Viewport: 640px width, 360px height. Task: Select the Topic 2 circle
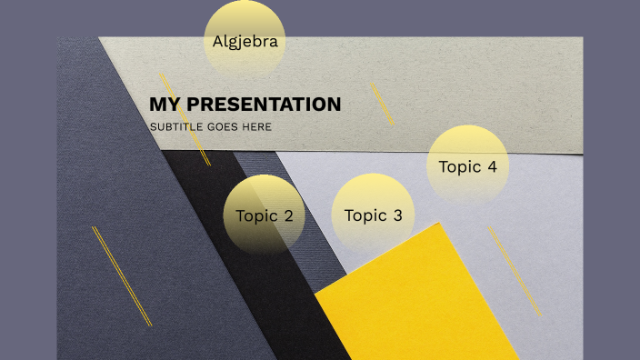click(x=264, y=215)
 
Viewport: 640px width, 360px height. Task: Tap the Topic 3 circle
click(x=373, y=214)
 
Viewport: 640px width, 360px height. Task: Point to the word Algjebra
click(x=245, y=42)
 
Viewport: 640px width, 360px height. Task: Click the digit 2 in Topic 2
click(x=288, y=216)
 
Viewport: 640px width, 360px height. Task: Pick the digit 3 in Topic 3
click(x=397, y=215)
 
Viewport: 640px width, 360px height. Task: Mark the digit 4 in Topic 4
click(x=492, y=167)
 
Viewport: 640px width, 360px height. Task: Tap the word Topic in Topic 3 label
click(x=365, y=215)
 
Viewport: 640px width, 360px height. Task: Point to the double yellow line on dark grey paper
click(x=122, y=275)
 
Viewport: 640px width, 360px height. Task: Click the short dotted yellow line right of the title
click(x=382, y=104)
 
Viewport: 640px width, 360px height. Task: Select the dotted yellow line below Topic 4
click(x=515, y=272)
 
